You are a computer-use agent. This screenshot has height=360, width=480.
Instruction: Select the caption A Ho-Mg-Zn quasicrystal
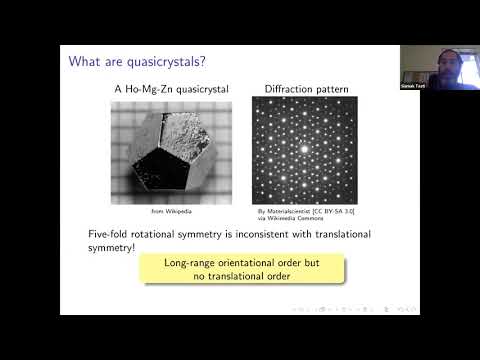coord(172,90)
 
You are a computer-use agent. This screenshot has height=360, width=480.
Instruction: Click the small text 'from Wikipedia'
coord(172,213)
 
